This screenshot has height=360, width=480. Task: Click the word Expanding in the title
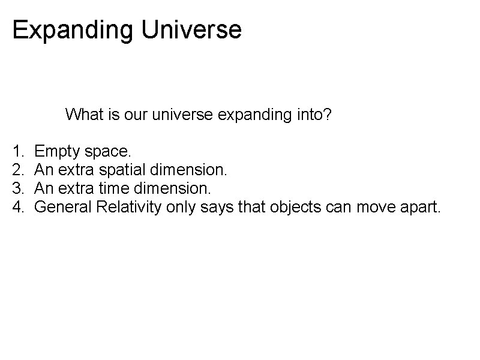(72, 30)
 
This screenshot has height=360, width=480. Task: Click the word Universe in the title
(191, 29)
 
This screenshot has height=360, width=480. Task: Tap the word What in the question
(84, 114)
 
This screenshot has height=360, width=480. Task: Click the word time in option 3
(110, 189)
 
